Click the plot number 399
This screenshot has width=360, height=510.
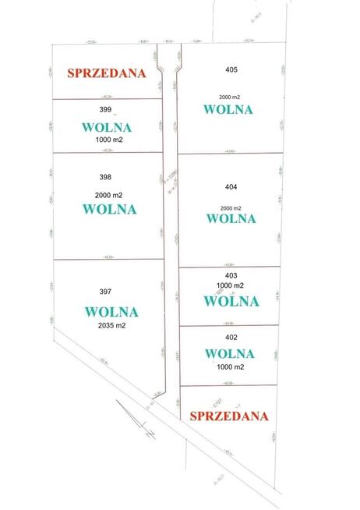107,110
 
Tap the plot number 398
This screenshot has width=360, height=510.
107,179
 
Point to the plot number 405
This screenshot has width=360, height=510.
231,70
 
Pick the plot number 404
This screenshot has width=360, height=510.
229,187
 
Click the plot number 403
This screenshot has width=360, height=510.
231,274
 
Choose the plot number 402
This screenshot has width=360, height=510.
231,337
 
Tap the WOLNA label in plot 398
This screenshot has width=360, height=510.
109,209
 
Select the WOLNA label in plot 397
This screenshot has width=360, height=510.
111,312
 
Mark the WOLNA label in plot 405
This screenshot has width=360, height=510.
228,110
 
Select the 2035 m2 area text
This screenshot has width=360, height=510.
112,326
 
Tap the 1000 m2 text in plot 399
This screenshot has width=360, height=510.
110,140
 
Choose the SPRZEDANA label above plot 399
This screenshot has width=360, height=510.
108,73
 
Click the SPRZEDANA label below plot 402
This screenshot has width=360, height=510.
229,416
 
